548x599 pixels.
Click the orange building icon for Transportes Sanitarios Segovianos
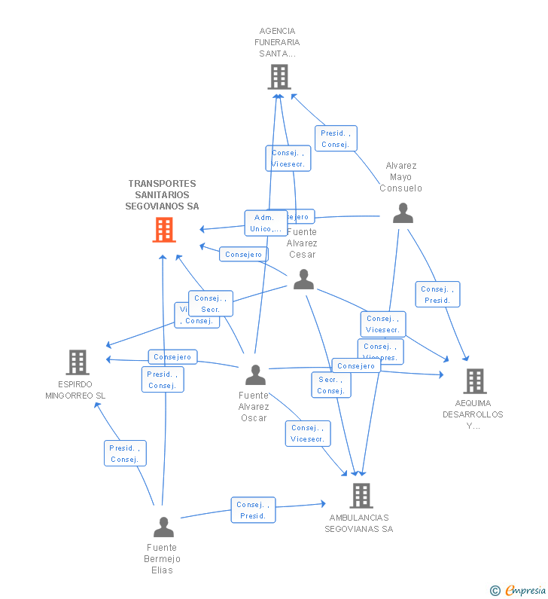(164, 230)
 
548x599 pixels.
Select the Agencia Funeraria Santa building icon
(279, 77)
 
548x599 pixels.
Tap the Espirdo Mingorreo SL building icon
(78, 362)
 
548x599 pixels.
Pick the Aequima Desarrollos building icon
(474, 381)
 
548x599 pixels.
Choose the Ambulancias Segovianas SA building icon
(361, 495)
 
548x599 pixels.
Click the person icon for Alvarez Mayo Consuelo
(403, 213)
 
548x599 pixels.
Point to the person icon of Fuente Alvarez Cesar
(303, 280)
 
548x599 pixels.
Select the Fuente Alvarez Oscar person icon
(255, 374)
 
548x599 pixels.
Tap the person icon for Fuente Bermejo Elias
(163, 527)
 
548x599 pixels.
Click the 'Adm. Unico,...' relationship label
(266, 223)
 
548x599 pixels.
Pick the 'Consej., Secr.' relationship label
(210, 304)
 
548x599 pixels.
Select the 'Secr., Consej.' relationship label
(330, 385)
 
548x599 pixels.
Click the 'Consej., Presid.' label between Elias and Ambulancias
(253, 510)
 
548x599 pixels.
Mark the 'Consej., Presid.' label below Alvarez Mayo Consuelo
(437, 295)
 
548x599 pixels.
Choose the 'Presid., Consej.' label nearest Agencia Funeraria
(335, 139)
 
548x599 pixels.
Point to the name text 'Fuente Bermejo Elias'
(162, 558)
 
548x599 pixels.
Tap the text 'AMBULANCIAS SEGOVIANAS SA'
(359, 523)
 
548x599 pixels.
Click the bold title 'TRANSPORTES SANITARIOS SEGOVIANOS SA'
(162, 194)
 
